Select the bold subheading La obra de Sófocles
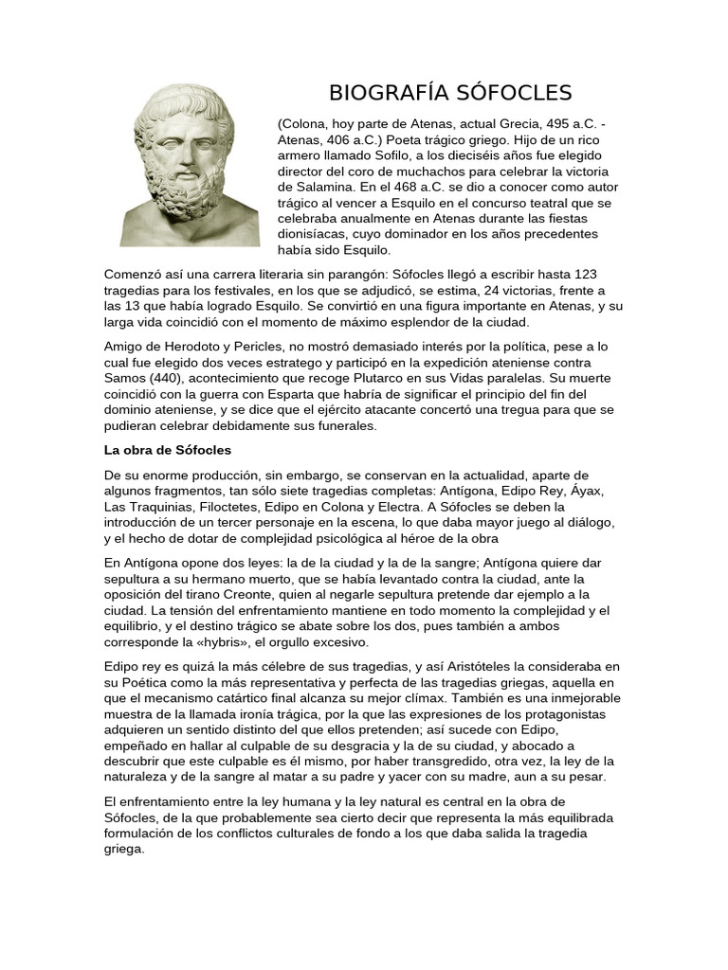pos(168,450)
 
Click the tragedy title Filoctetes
pos(219,507)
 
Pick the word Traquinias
pos(159,507)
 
